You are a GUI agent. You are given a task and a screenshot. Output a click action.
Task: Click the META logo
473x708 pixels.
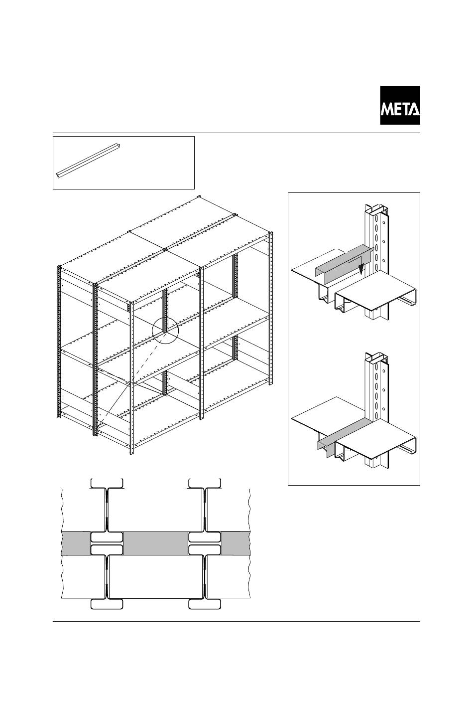pyautogui.click(x=400, y=105)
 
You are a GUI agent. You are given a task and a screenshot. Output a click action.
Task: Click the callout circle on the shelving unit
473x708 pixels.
pyautogui.click(x=165, y=330)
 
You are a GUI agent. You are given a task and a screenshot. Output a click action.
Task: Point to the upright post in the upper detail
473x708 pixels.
pyautogui.click(x=377, y=234)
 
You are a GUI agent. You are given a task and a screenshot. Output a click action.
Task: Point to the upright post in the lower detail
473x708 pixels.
pyautogui.click(x=377, y=384)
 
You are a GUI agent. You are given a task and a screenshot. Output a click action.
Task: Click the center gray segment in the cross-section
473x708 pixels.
pyautogui.click(x=155, y=543)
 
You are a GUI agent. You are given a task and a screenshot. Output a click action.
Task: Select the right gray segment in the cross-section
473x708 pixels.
pyautogui.click(x=236, y=543)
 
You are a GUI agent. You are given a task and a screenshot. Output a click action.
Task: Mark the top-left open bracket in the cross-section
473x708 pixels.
pyautogui.click(x=107, y=483)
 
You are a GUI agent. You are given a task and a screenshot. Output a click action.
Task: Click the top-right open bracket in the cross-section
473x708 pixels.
pyautogui.click(x=205, y=483)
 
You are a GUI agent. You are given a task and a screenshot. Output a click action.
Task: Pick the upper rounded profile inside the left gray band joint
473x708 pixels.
pyautogui.click(x=107, y=537)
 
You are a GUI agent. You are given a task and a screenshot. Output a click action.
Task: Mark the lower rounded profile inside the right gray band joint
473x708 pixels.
pyautogui.click(x=205, y=550)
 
